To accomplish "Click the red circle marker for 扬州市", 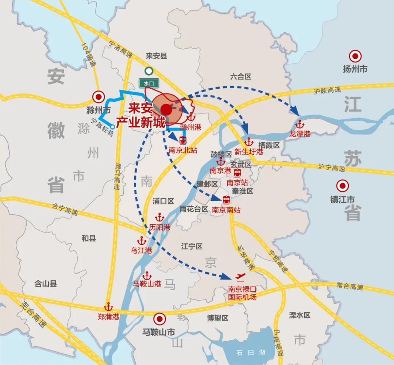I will (x=355, y=56).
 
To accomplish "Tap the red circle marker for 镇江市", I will (x=343, y=186).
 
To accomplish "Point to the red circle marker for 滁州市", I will (x=98, y=97).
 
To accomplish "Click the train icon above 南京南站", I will (x=227, y=200).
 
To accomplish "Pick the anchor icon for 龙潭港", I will (x=300, y=124).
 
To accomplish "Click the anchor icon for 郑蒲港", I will (x=108, y=307).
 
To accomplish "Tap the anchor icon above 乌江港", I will (x=141, y=241).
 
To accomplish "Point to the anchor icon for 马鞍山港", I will (x=147, y=275).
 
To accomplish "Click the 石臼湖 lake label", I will (x=250, y=353).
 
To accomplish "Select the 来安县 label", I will (x=156, y=56).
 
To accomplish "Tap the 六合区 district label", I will (x=241, y=77).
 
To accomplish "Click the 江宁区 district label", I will (x=192, y=247).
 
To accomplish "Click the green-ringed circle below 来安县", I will (x=148, y=71).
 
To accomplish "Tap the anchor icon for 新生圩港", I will (x=249, y=141).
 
